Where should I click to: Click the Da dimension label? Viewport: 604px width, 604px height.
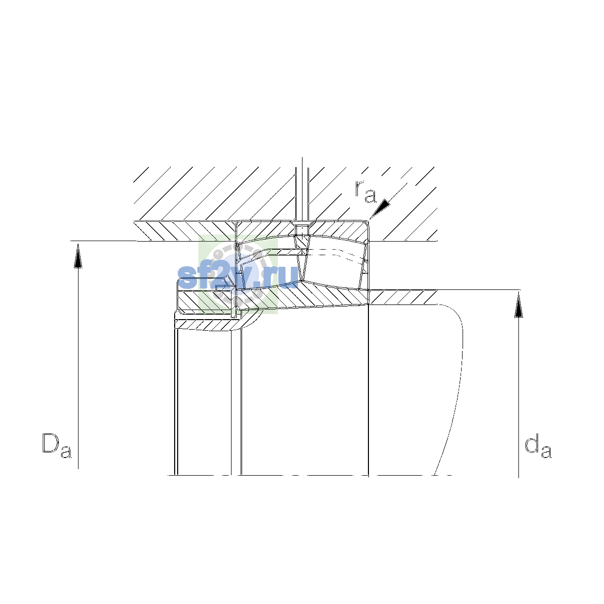(x=57, y=445)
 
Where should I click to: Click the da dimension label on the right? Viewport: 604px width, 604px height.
(x=538, y=445)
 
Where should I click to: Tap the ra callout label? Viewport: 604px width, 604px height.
(x=365, y=191)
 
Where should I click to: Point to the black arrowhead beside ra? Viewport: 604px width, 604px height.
(x=381, y=208)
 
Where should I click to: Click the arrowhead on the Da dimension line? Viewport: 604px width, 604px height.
(x=78, y=256)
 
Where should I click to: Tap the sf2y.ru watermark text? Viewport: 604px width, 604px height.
(x=237, y=276)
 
